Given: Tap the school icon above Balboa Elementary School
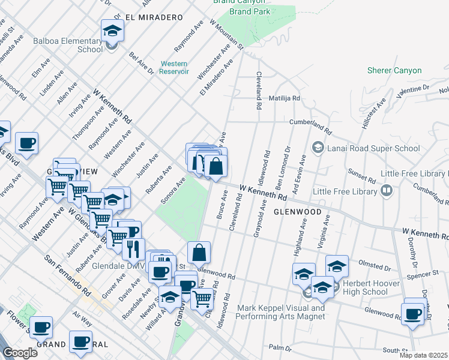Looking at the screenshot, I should pyautogui.click(x=112, y=31).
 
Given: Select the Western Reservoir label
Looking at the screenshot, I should pyautogui.click(x=173, y=67).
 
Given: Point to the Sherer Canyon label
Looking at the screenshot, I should pyautogui.click(x=394, y=70).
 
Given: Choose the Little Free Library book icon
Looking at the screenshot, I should pyautogui.click(x=387, y=191).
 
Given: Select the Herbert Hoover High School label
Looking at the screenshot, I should pyautogui.click(x=370, y=287).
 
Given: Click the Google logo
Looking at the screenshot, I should pyautogui.click(x=19, y=353).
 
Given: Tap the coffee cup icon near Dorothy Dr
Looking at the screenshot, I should pyautogui.click(x=413, y=314).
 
